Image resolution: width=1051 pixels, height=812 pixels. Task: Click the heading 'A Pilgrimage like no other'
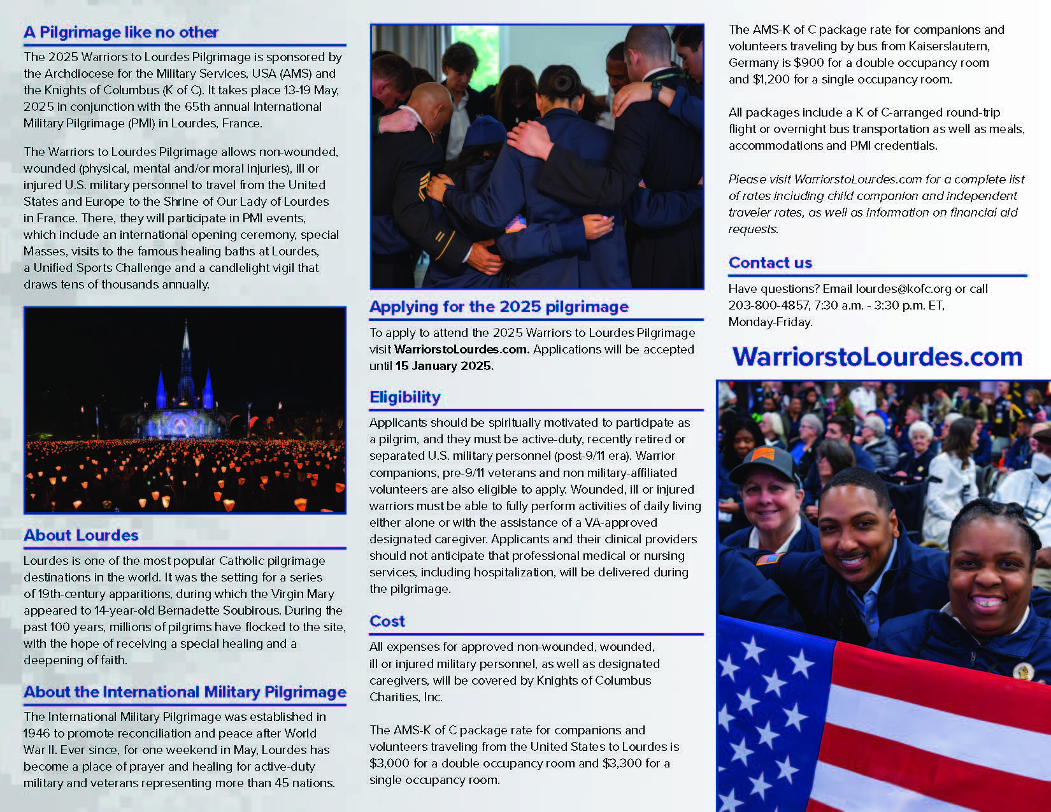[x=120, y=32]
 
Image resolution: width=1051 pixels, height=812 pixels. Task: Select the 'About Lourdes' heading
[x=81, y=535]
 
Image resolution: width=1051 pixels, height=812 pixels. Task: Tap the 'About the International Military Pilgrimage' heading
[x=185, y=692]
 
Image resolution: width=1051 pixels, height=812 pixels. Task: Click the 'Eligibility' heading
[x=405, y=397]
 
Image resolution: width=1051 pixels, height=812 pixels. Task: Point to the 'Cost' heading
[x=387, y=621]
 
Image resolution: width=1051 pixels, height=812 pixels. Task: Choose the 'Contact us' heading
[x=770, y=262]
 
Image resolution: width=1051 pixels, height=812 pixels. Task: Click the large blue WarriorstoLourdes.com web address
[x=877, y=357]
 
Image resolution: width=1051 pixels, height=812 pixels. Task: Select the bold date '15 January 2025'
[x=443, y=366]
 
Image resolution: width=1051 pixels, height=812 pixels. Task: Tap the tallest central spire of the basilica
[x=185, y=347]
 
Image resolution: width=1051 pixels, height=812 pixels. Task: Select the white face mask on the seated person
[x=1040, y=463]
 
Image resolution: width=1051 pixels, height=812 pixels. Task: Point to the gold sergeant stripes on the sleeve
[x=423, y=185]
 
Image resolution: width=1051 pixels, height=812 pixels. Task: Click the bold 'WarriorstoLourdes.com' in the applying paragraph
[x=461, y=350]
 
